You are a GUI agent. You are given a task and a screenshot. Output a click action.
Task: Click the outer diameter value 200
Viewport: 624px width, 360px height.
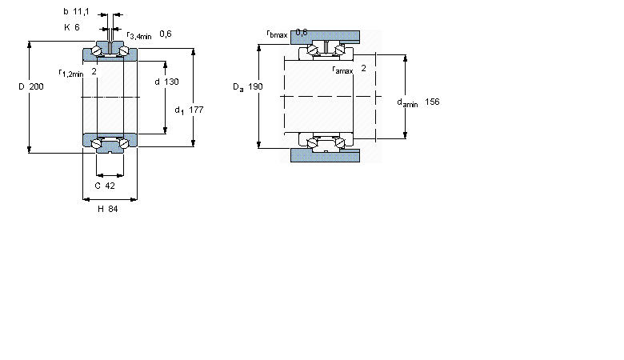tap(36, 86)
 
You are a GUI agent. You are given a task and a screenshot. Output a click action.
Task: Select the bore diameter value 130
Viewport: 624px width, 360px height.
tap(171, 82)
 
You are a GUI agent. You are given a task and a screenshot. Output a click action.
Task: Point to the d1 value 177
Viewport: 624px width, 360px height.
tap(196, 110)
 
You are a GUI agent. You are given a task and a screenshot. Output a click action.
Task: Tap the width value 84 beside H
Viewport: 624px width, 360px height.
tap(113, 209)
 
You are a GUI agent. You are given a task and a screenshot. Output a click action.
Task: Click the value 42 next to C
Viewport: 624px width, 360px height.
tap(110, 186)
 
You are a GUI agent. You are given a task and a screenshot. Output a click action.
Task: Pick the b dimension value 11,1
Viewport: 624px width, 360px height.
tap(81, 12)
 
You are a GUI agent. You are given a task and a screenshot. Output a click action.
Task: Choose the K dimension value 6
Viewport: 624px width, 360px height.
tap(77, 27)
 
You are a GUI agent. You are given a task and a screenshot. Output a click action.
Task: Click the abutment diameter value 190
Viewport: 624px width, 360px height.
tap(255, 86)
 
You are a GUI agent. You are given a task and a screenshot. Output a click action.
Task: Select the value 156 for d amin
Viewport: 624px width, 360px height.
tap(432, 102)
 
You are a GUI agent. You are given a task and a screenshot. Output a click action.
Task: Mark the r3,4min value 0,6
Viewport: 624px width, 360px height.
tap(165, 34)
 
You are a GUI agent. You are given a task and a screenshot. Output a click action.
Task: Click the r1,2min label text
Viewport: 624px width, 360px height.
tap(71, 73)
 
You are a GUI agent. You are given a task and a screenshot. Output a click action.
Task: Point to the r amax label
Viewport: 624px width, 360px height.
tap(342, 70)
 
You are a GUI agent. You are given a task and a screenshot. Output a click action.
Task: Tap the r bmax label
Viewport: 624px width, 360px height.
tap(277, 34)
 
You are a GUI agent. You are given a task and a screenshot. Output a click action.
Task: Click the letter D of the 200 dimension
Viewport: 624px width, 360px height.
tap(22, 86)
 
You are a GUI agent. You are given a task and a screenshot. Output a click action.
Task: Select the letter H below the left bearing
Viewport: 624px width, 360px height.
tap(101, 209)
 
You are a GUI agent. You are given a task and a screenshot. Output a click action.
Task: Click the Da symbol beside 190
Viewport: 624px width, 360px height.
tap(238, 87)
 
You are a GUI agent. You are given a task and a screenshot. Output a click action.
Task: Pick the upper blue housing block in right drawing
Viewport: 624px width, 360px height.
tap(325, 37)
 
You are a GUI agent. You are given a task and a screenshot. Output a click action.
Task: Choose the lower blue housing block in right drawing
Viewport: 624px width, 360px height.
tap(325, 155)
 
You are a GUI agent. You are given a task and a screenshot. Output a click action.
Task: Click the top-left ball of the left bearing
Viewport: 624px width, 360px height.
tap(97, 51)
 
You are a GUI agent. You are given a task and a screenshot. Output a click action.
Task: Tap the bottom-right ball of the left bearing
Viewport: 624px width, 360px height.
tap(124, 143)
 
